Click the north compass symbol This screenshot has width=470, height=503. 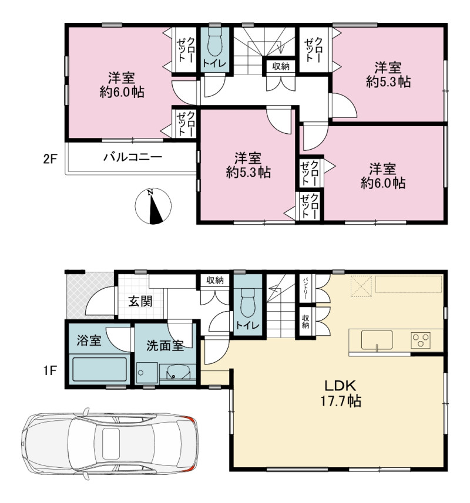tap(153, 205)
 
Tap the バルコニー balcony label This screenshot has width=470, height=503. tap(133, 157)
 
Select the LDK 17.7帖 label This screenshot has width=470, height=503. tap(341, 393)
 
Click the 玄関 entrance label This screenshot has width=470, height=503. tap(140, 301)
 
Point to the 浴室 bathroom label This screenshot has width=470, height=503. tap(89, 340)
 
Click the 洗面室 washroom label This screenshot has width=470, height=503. tap(165, 346)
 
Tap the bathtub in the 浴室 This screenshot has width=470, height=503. tap(100, 369)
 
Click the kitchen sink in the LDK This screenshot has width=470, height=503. tap(377, 340)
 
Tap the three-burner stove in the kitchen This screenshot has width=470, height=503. tap(421, 340)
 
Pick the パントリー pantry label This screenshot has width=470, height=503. tap(305, 289)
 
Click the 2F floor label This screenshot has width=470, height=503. tap(50, 160)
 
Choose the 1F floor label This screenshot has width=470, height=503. tap(50, 371)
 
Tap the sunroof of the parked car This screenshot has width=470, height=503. tap(110, 444)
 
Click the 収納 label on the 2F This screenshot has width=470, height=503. tap(281, 66)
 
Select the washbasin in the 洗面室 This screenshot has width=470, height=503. tap(175, 373)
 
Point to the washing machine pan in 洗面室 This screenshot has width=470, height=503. tap(147, 373)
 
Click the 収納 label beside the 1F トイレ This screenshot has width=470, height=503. tap(215, 280)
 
